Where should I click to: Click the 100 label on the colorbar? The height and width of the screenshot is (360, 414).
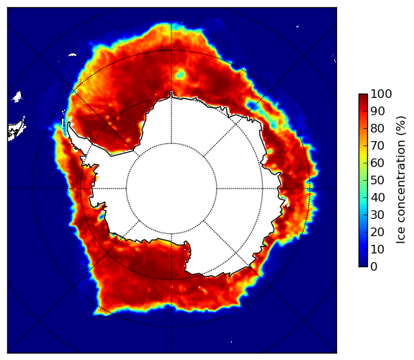[381, 94]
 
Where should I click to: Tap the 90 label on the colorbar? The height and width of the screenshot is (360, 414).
[377, 111]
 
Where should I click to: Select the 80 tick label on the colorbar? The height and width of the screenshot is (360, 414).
[377, 129]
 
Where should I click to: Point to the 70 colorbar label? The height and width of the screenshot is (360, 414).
[377, 145]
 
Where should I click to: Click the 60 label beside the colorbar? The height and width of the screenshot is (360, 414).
[377, 163]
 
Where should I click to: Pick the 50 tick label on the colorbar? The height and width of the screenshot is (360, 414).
[377, 181]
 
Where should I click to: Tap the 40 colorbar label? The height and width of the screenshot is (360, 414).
[377, 197]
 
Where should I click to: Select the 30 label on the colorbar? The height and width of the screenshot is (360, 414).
[377, 215]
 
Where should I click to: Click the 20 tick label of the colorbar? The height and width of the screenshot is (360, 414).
[377, 232]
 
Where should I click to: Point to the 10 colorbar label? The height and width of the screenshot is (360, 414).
[377, 249]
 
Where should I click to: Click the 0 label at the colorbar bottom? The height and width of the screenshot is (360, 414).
[374, 267]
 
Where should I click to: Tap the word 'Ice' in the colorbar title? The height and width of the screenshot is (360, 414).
[401, 238]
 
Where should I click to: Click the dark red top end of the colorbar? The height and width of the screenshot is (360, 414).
[363, 95]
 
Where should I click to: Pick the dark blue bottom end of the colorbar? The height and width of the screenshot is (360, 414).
[363, 265]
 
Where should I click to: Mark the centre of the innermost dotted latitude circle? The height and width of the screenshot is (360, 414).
[171, 189]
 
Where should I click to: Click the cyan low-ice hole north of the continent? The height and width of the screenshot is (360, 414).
[181, 73]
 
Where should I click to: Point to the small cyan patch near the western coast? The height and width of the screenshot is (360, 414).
[101, 217]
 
